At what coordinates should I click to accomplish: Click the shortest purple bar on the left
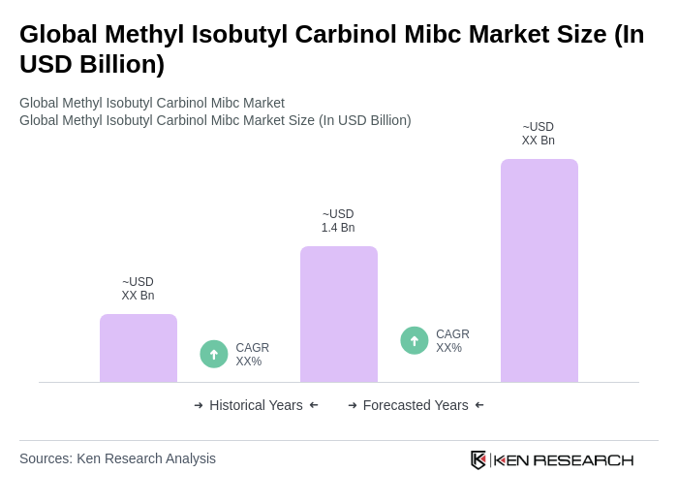point(139,348)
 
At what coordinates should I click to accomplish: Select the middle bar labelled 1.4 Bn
point(338,314)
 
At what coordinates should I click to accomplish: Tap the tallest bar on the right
point(539,270)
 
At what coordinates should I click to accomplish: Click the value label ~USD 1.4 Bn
point(338,221)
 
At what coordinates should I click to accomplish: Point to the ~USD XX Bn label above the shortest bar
point(138,289)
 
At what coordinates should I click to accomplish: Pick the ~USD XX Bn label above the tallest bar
point(539,134)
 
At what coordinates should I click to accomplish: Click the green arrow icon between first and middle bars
point(214,354)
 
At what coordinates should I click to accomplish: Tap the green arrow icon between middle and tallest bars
point(415,340)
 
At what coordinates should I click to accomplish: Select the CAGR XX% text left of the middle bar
point(252,355)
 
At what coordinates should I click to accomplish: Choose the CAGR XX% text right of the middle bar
point(452,341)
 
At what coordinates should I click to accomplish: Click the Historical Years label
point(256,405)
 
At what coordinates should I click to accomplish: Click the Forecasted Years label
point(416,405)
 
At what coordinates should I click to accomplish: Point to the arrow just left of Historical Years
point(199,405)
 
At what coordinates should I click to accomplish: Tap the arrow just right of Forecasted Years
point(479,405)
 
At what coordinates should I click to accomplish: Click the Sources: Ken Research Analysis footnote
point(117,458)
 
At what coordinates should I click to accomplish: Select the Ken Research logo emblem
point(478,459)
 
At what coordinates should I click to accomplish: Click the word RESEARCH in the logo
point(583,459)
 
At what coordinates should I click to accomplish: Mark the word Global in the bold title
point(58,34)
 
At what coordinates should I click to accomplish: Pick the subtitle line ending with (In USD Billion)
point(215,120)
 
